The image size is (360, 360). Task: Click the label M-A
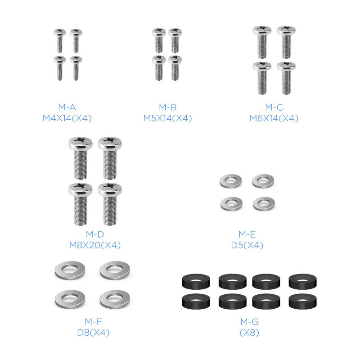(x=67, y=107)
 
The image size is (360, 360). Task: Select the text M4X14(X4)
(x=67, y=118)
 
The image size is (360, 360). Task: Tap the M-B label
(x=167, y=107)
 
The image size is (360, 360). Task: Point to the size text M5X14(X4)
(x=167, y=118)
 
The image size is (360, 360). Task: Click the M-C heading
(x=274, y=107)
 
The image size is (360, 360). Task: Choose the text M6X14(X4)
(x=274, y=118)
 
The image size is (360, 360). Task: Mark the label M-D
(x=95, y=234)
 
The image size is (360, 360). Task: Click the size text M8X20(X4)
(x=95, y=245)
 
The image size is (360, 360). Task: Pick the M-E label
(x=247, y=234)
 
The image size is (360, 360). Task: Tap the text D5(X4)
(x=247, y=245)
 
